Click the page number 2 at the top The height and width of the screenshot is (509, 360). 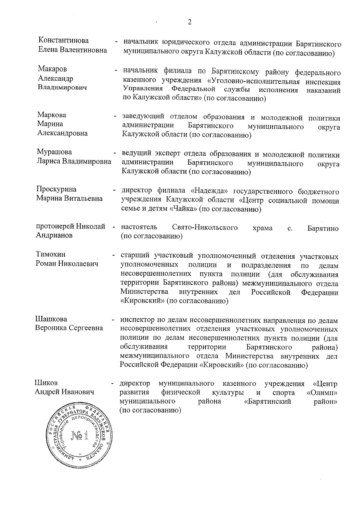[x=189, y=22]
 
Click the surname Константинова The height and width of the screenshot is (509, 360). [x=64, y=40]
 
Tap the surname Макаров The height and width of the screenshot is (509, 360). [x=52, y=69]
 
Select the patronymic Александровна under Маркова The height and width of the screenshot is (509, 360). [x=62, y=133]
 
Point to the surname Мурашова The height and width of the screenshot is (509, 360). [x=54, y=152]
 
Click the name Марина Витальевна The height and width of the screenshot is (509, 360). [x=69, y=198]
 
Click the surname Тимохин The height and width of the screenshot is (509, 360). [x=51, y=254]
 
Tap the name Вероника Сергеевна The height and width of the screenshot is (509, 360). [x=69, y=328]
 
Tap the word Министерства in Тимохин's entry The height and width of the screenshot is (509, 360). [x=144, y=292]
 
